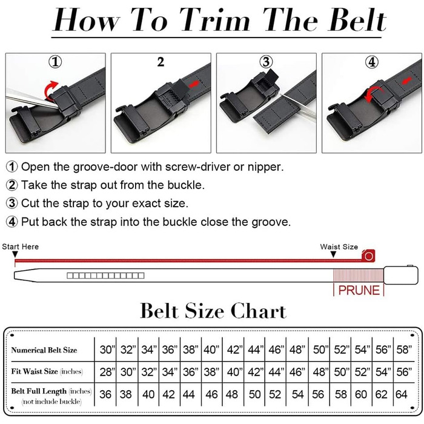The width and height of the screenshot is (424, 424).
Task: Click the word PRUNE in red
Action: click(359, 290)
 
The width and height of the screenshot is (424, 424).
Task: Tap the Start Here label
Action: click(20, 247)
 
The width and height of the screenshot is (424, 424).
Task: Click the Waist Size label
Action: click(339, 247)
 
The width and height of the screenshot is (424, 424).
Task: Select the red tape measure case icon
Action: click(368, 256)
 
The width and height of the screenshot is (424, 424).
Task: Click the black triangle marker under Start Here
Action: click(15, 254)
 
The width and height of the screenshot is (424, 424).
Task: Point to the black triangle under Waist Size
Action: click(333, 254)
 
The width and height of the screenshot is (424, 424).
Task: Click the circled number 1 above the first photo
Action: click(55, 62)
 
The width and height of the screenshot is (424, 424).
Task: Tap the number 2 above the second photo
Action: click(161, 62)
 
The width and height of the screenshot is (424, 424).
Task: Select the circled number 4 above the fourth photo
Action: click(372, 62)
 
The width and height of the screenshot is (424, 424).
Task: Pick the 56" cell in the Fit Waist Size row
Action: click(404, 372)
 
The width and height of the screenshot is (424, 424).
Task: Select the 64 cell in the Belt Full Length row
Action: click(401, 394)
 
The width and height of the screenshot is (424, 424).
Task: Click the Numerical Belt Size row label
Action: click(44, 350)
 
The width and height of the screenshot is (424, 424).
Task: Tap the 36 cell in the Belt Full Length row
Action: click(105, 394)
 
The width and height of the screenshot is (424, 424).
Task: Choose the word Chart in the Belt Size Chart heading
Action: click(258, 311)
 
